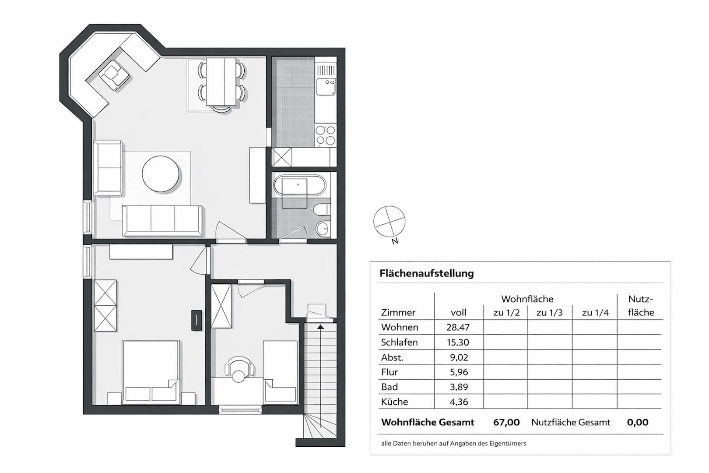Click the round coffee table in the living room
(x=161, y=173)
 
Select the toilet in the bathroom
(x=321, y=209)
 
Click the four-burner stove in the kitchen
(x=325, y=136)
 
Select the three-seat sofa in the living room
(x=162, y=220)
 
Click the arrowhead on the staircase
(x=321, y=327)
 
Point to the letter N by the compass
(x=395, y=241)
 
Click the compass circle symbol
(x=389, y=222)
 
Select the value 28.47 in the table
(x=458, y=327)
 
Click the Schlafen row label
(x=399, y=342)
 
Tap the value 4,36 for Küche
(x=459, y=402)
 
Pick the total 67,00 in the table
(x=506, y=422)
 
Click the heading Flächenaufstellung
(x=427, y=273)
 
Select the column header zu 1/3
(x=550, y=313)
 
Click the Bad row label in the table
(x=390, y=387)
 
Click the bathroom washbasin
(x=323, y=228)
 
